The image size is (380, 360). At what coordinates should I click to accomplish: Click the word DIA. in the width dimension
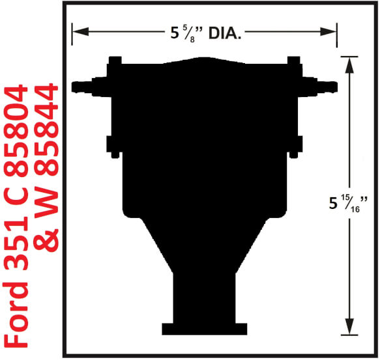(225, 33)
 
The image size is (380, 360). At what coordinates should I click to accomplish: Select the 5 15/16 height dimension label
(348, 204)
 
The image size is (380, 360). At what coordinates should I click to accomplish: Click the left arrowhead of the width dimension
(80, 31)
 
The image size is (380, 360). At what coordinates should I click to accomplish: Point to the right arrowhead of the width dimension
(328, 31)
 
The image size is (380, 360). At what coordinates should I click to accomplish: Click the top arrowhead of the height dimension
(349, 65)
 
